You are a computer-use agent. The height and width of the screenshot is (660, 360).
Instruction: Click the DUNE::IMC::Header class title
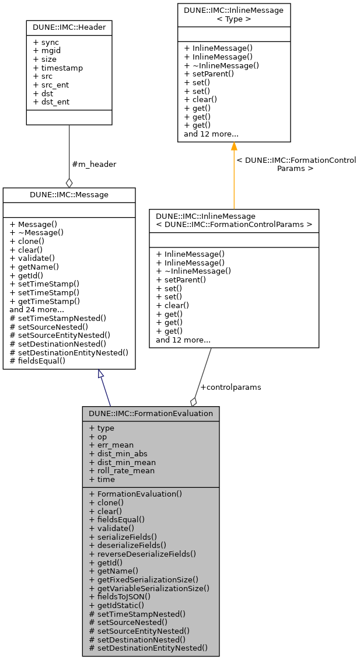69,27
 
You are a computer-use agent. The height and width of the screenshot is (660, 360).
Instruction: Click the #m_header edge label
93,165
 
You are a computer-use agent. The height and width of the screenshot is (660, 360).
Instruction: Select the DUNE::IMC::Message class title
69,194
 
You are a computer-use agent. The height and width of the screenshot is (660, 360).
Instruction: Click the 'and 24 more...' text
36,310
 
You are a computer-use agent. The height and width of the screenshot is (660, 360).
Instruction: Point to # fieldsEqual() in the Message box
37,361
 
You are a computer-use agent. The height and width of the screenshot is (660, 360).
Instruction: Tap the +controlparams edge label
230,387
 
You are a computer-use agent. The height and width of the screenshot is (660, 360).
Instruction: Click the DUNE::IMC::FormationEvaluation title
151,413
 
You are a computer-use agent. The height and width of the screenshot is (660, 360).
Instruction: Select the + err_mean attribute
111,445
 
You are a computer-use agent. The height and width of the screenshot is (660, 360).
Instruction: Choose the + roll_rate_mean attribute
122,471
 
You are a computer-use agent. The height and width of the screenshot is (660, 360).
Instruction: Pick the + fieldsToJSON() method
120,596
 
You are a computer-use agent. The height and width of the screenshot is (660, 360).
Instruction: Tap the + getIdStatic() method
117,605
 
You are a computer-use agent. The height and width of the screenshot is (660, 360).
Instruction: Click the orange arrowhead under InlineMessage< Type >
234,146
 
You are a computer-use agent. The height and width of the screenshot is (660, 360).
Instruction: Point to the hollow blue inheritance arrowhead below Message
102,374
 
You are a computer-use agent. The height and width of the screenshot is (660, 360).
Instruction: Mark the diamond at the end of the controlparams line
193,401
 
